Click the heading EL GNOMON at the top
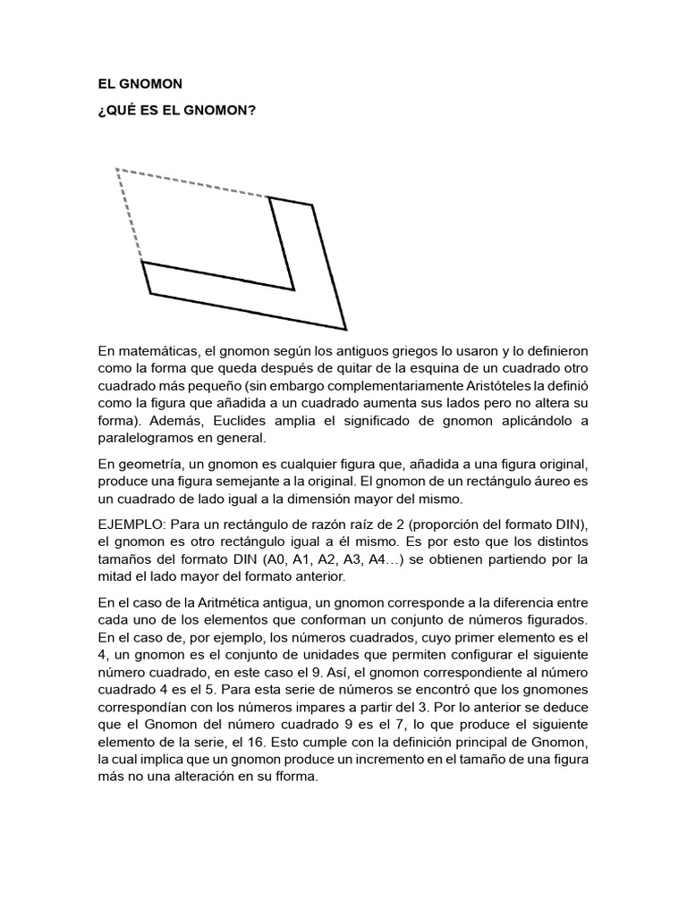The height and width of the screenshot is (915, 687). [x=140, y=84]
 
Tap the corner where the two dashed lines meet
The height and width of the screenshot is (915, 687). [x=116, y=169]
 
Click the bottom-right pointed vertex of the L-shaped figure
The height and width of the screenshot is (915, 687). [x=345, y=330]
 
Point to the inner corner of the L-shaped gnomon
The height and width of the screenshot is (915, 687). [x=293, y=289]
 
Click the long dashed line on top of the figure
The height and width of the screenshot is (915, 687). [x=192, y=183]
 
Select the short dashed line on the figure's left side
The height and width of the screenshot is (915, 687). [x=130, y=215]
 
